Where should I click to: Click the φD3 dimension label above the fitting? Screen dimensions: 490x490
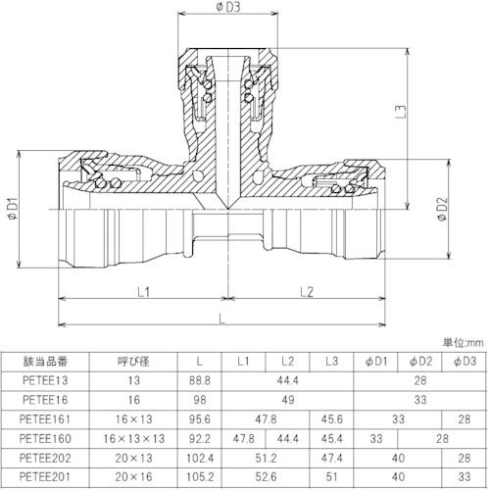click(x=227, y=7)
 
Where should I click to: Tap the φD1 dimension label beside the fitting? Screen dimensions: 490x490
click(x=14, y=209)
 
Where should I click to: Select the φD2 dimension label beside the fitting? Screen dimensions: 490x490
click(x=442, y=209)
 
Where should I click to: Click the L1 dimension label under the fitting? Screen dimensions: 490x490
click(x=143, y=292)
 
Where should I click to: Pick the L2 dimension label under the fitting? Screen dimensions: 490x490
click(x=307, y=292)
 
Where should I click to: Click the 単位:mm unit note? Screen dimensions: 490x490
click(x=463, y=343)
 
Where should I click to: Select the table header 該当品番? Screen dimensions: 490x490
click(x=45, y=362)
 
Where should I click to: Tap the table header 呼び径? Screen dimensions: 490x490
click(x=133, y=362)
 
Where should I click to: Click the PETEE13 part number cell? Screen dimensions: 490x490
click(x=45, y=380)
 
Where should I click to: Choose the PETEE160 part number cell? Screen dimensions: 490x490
click(x=45, y=438)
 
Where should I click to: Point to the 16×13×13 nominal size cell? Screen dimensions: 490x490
click(x=133, y=438)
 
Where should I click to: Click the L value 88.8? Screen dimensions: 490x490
click(x=200, y=380)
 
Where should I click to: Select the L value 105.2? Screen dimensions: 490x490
click(x=200, y=476)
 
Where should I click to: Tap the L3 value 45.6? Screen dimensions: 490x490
click(x=331, y=419)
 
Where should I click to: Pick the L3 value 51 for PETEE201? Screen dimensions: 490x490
click(x=331, y=476)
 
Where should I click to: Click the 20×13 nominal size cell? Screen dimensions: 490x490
click(x=133, y=458)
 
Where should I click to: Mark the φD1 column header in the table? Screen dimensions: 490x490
click(x=376, y=362)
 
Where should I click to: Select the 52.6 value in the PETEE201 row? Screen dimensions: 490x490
click(x=266, y=476)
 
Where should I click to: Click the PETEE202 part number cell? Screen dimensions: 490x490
click(x=45, y=458)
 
